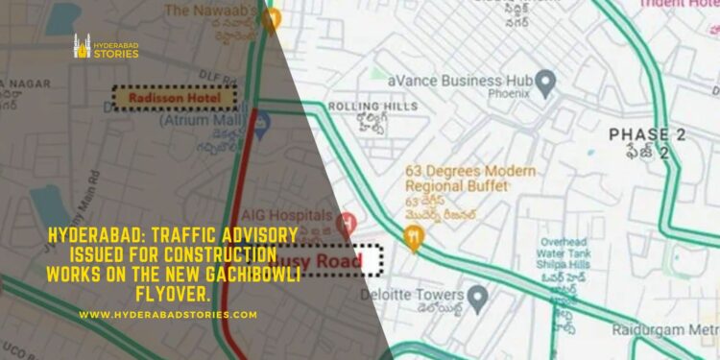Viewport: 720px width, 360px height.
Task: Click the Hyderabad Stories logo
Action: [107, 47]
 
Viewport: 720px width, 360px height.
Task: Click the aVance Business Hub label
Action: [460, 82]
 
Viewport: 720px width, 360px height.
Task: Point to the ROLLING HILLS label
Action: [360, 107]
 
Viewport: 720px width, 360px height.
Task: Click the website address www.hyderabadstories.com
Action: [168, 315]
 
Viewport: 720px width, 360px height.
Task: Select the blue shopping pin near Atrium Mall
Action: [260, 119]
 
